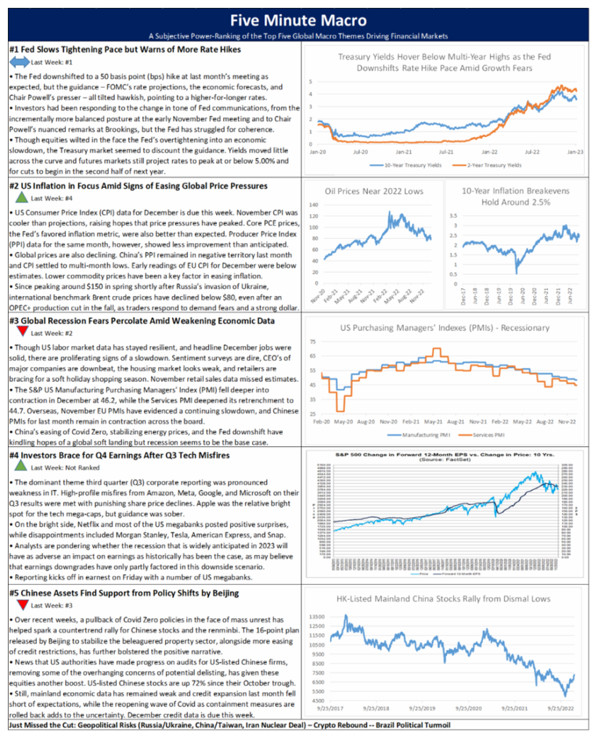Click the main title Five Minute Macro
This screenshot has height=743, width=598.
298,20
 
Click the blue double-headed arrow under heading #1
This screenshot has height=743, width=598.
20,63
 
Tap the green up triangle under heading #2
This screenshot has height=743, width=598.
20,198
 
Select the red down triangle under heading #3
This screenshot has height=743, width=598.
20,332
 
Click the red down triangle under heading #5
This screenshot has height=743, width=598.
20,604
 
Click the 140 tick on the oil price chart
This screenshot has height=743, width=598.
314,205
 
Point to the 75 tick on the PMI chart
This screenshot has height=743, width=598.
313,341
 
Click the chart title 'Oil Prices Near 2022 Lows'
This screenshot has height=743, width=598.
372,190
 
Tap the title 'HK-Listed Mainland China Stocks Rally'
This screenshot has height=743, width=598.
444,599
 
